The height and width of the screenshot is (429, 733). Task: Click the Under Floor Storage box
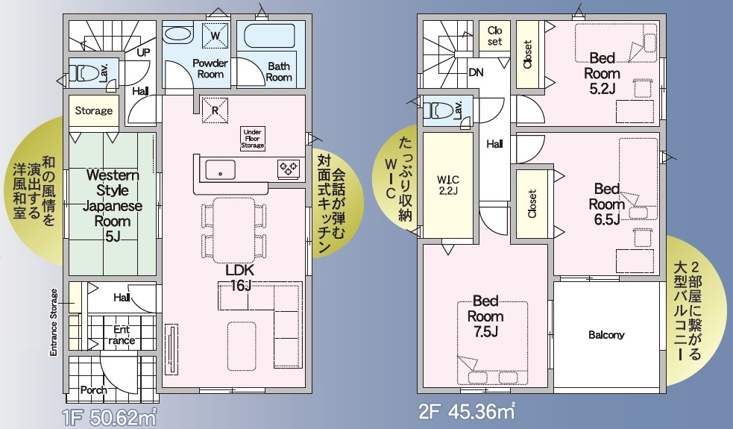(253, 139)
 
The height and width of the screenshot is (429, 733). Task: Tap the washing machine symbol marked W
(215, 36)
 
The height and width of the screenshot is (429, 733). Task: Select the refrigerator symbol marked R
(215, 110)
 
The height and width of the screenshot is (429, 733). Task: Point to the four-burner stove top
(288, 168)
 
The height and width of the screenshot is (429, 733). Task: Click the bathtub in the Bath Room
(269, 36)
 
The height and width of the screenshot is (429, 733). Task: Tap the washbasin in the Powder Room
(178, 36)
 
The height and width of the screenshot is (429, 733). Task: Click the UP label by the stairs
(143, 53)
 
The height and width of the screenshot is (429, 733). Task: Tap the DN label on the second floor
(476, 72)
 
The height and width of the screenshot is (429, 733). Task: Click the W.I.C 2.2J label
(448, 185)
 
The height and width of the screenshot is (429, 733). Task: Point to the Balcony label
(606, 335)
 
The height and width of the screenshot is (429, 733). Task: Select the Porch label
(93, 389)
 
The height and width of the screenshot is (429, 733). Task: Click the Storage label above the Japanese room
(94, 111)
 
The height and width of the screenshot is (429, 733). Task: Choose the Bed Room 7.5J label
(485, 316)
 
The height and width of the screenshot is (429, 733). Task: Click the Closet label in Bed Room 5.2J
(528, 54)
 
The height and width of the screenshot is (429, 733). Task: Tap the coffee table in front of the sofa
(242, 346)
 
